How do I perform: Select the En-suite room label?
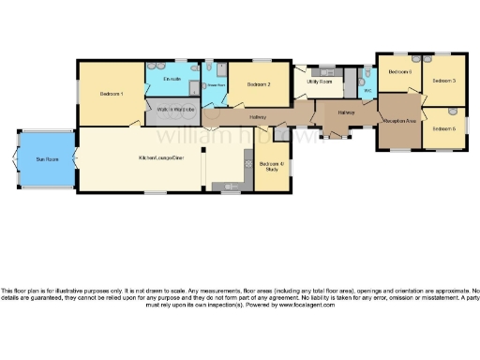pyautogui.click(x=171, y=79)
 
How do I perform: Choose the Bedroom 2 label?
pyautogui.click(x=259, y=85)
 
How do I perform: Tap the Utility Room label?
pyautogui.click(x=320, y=82)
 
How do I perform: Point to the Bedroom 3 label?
pyautogui.click(x=443, y=81)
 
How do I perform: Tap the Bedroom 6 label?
pyautogui.click(x=400, y=71)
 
